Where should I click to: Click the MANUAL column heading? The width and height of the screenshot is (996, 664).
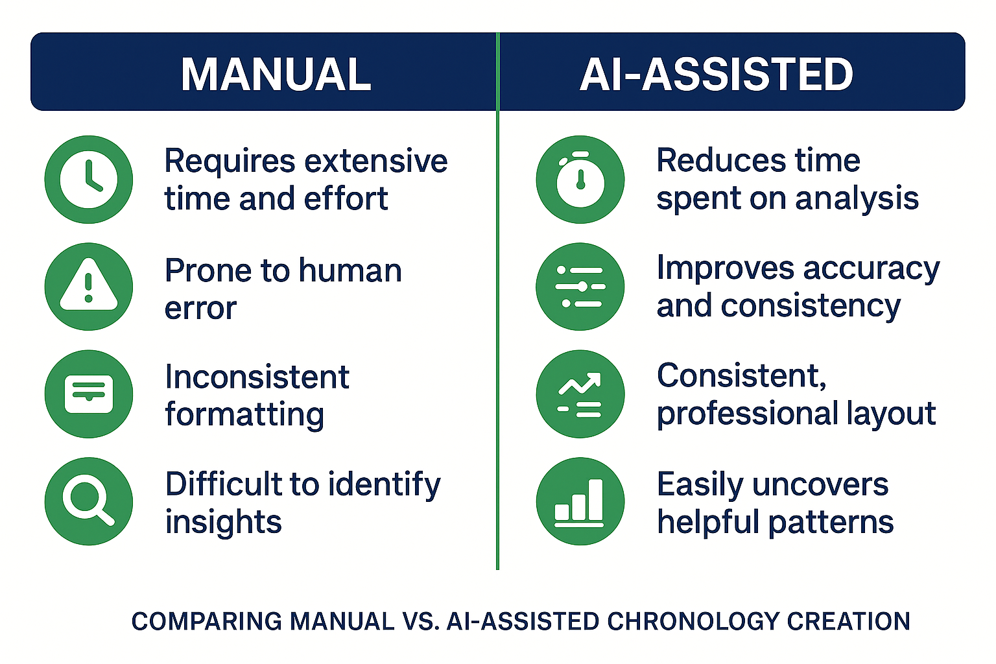[x=276, y=74]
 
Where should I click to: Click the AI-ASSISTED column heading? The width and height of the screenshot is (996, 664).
[x=716, y=74]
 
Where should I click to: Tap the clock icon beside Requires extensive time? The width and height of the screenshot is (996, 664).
[x=89, y=180]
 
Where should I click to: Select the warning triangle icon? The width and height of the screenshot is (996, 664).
[x=89, y=287]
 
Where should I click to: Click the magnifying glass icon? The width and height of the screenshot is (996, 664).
[x=89, y=501]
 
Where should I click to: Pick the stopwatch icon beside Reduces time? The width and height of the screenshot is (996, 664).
[x=580, y=180]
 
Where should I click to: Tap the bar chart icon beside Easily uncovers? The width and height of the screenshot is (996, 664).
[x=580, y=501]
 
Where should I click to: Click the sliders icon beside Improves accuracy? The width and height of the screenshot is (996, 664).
[x=580, y=287]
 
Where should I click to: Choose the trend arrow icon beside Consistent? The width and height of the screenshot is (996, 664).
[x=580, y=394]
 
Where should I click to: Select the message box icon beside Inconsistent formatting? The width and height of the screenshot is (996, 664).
[x=89, y=394]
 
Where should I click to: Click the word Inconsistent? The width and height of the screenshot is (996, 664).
[x=257, y=377]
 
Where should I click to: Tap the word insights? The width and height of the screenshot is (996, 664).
[x=223, y=522]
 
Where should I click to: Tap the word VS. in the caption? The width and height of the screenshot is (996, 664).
[x=421, y=621]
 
